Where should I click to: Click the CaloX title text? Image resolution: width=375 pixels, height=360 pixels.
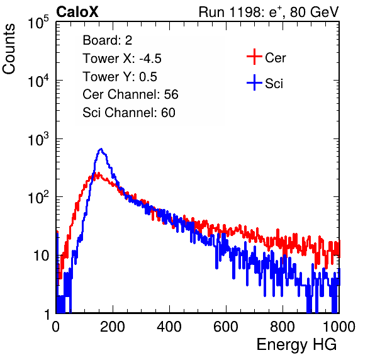[x=77, y=12]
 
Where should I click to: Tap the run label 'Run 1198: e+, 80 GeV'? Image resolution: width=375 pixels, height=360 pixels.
[x=269, y=12]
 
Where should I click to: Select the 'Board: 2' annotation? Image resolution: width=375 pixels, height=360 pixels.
[x=108, y=40]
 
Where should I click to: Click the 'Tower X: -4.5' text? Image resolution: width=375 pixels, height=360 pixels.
[x=122, y=59]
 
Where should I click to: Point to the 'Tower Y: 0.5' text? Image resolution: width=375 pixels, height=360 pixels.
[x=120, y=77]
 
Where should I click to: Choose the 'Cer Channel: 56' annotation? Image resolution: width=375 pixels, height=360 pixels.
[x=130, y=94]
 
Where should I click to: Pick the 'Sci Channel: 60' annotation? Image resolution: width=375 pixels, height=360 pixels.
[x=129, y=113]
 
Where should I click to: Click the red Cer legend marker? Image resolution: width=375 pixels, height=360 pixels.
[x=254, y=57]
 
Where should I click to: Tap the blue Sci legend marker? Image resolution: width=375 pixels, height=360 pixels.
[x=254, y=82]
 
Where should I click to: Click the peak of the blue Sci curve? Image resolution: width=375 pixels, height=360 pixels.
[x=101, y=149]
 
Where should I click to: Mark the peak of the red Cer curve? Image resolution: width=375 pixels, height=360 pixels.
[x=95, y=173]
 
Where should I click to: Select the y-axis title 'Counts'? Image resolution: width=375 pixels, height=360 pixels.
[x=9, y=49]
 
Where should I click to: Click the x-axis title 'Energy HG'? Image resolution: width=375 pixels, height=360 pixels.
[x=296, y=345]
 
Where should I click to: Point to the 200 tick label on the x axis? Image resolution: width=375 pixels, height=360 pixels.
[x=113, y=327]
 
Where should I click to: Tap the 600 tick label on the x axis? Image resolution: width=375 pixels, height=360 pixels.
[x=226, y=327]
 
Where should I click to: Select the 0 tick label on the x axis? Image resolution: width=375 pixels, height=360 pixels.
[x=56, y=327]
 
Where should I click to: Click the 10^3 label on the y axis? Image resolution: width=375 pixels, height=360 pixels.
[x=38, y=139]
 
